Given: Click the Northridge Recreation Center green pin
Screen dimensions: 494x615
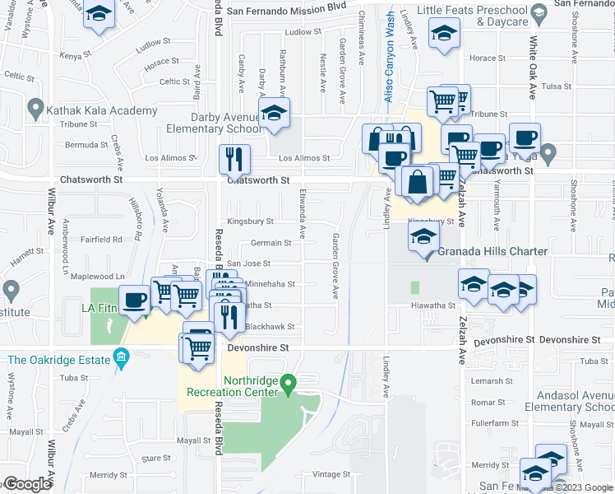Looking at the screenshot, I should pyautogui.click(x=288, y=384).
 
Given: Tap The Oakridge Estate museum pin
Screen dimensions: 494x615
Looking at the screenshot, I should pyautogui.click(x=123, y=356).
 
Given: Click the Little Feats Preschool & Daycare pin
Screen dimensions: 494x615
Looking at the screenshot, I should pyautogui.click(x=539, y=13).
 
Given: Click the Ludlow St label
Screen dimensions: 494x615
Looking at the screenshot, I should pyautogui.click(x=302, y=32).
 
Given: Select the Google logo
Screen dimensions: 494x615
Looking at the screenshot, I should pyautogui.click(x=26, y=484).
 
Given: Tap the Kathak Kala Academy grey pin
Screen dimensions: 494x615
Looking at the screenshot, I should pyautogui.click(x=35, y=108).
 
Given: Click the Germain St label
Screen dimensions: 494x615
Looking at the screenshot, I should pyautogui.click(x=271, y=243).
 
